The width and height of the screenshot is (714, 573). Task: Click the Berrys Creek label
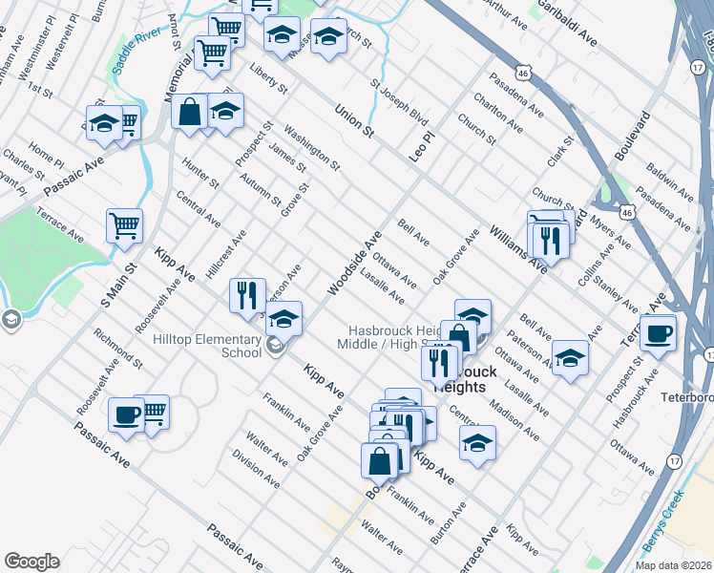[661, 521]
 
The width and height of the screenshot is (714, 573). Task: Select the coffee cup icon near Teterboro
[657, 334]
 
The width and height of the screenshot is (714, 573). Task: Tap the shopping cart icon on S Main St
[124, 225]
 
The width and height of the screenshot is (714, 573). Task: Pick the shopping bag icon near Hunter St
[190, 110]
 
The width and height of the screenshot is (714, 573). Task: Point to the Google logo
[31, 562]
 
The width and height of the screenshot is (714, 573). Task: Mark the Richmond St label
[118, 350]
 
